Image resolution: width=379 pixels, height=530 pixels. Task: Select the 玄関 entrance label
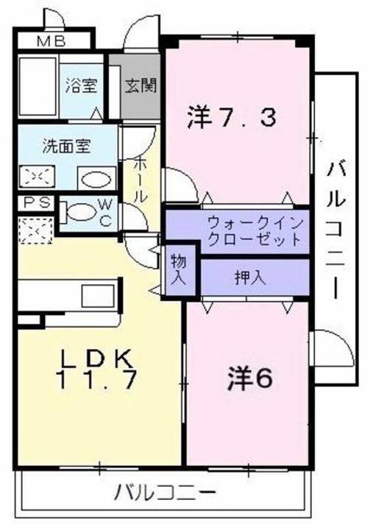pyautogui.click(x=140, y=86)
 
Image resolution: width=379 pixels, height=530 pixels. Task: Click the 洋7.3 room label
pyautogui.click(x=232, y=116)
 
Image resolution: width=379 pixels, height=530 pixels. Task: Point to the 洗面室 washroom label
pyautogui.click(x=66, y=146)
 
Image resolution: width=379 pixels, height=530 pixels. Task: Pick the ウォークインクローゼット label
pyautogui.click(x=255, y=230)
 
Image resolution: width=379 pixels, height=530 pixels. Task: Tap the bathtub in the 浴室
pyautogui.click(x=38, y=85)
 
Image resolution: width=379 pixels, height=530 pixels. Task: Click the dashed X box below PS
pyautogui.click(x=35, y=230)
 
